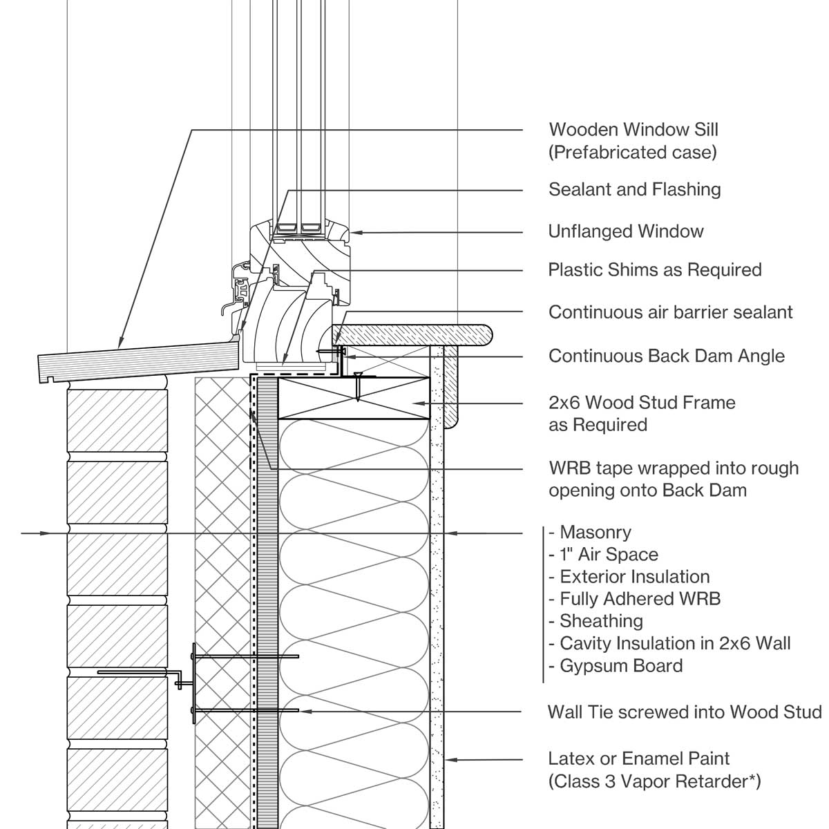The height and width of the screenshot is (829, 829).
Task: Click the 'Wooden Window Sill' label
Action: pos(633,130)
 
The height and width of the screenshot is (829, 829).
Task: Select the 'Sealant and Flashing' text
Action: pos(634,189)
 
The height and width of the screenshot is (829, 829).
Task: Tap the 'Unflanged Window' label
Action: pos(625,231)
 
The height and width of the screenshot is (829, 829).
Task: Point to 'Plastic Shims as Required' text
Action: pos(654,269)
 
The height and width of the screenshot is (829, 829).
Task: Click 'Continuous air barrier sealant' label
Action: pos(670,312)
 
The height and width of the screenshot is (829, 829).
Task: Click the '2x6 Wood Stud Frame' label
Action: pos(642,402)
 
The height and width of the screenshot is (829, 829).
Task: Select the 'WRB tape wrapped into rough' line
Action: pos(673,468)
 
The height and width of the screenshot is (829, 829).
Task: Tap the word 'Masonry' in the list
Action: pos(595,532)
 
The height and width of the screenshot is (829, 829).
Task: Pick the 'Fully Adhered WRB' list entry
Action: pos(640,598)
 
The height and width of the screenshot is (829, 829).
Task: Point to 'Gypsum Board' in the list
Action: pos(620,665)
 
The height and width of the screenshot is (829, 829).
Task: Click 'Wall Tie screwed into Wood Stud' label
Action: pos(684,712)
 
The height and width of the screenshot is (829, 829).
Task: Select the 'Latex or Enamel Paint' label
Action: pos(638,759)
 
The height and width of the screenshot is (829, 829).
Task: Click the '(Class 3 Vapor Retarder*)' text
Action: pos(654,781)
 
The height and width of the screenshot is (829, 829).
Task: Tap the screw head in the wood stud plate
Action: pos(357,377)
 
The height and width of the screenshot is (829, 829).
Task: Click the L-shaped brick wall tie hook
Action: pos(181,679)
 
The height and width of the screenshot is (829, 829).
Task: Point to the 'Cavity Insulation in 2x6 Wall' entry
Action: pos(674,643)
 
